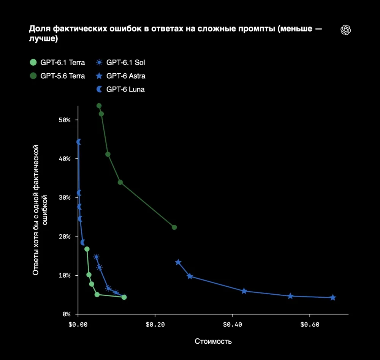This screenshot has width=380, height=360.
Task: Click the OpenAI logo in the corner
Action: tap(345, 30)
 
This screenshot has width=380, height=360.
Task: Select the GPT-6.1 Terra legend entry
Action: tap(57, 63)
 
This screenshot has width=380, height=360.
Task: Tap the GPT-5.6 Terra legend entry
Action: tap(57, 76)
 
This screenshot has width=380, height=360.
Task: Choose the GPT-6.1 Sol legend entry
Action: tap(120, 63)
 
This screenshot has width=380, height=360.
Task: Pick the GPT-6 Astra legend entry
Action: tap(120, 76)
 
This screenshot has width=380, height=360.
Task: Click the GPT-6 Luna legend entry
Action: tap(120, 89)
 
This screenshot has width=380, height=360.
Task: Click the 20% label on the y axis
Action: tap(65, 237)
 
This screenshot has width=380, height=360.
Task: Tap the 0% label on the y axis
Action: tap(66, 314)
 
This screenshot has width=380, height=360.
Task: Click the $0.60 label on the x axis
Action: tap(310, 325)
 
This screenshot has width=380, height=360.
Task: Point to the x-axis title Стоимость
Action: tap(213, 341)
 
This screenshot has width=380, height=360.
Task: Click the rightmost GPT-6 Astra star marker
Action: tap(333, 297)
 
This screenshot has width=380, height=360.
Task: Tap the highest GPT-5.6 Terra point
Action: tap(99, 106)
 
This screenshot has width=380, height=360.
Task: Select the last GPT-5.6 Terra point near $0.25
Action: tap(174, 227)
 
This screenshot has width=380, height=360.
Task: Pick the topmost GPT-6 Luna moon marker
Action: tap(79, 142)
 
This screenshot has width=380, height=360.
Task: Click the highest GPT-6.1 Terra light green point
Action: tap(87, 249)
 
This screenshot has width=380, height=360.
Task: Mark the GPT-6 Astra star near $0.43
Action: tap(244, 291)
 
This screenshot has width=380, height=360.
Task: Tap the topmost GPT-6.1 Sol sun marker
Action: tap(97, 257)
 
